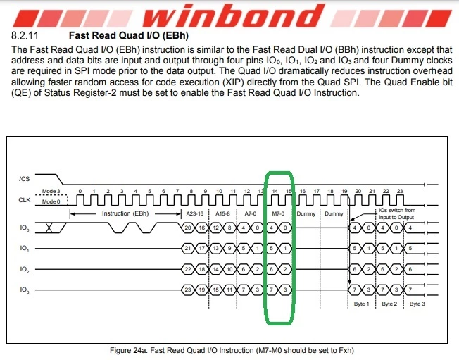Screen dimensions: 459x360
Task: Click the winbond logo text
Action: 233,15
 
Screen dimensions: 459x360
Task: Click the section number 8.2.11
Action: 25,35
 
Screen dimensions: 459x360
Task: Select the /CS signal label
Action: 25,179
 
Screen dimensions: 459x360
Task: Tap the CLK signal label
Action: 25,200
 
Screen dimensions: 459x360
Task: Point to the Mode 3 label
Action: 51,191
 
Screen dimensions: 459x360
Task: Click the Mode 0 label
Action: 51,201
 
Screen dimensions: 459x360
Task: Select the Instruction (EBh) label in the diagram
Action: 125,213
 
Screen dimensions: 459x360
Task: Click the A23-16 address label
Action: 195,213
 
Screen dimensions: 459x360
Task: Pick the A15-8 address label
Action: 222,213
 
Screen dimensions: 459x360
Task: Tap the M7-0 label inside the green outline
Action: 278,213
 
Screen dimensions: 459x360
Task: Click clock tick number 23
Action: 400,191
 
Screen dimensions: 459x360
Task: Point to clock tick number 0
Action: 80,191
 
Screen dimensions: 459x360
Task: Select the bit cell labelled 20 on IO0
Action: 188,228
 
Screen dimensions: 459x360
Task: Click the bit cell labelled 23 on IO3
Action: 188,290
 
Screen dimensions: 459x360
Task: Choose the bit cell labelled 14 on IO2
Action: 215,269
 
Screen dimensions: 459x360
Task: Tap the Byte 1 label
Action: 362,304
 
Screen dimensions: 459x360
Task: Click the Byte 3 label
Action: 417,304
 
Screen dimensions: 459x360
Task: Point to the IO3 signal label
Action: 25,290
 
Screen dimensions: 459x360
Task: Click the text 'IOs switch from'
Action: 397,210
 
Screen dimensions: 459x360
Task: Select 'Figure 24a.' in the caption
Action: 129,350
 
